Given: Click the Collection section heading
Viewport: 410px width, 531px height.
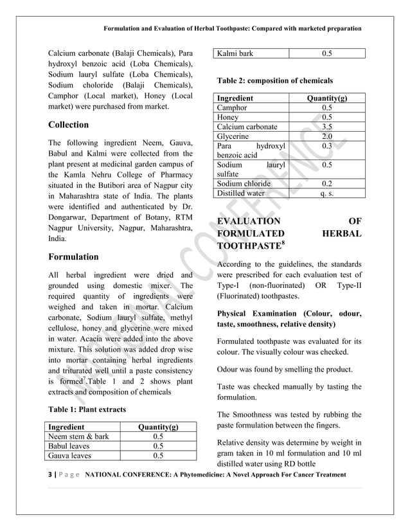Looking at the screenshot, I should point(69,125).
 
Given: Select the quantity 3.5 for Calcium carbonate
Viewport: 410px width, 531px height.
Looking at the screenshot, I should point(326,127).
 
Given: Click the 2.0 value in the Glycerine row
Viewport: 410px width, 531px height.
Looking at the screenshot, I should point(326,137).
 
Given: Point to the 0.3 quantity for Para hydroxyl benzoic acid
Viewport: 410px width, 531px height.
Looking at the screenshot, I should point(326,147).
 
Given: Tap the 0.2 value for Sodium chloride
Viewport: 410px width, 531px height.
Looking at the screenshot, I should point(326,183).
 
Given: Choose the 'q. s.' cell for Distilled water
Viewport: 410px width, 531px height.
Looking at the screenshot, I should point(326,193).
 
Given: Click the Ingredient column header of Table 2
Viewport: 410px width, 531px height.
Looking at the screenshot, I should point(235,98).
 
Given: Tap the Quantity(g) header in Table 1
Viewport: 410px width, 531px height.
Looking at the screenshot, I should point(158,427).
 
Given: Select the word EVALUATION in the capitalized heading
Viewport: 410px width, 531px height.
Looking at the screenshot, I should point(248,222).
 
